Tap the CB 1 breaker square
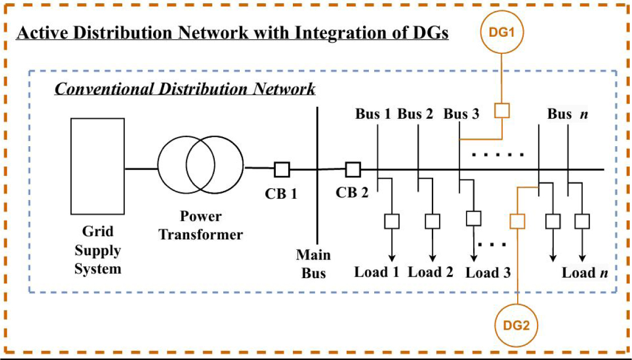pos(282,170)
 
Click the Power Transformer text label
pos(200,225)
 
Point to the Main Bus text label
pos(313,264)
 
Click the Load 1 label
pos(376,273)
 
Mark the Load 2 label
pos(431,273)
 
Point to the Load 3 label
pos(488,273)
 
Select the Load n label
pos(585,273)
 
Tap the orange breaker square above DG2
pos(517,220)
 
